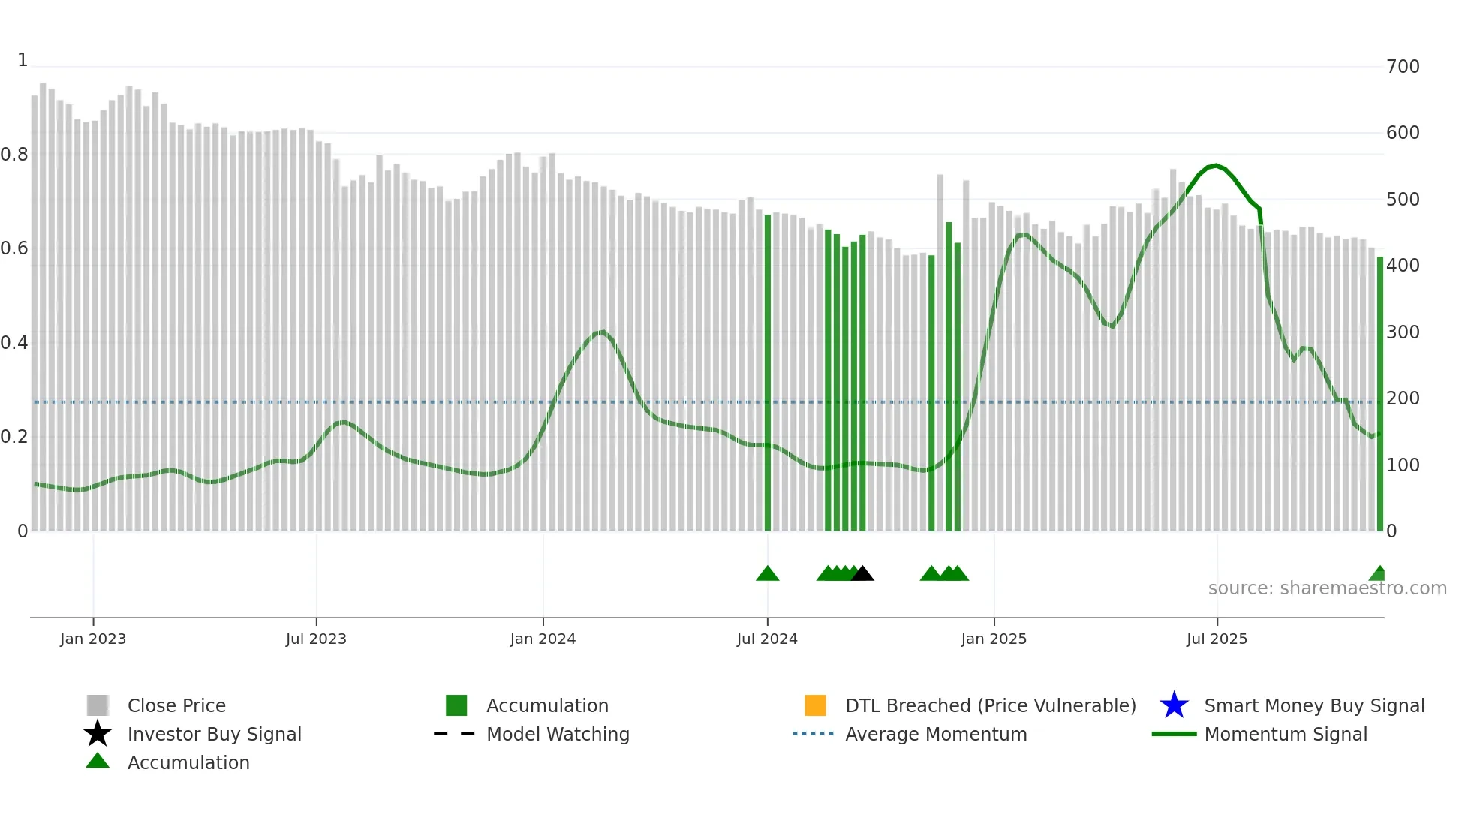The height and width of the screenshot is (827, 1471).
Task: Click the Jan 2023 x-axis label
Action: (x=93, y=639)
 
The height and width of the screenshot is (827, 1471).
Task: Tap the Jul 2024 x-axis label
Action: (x=767, y=639)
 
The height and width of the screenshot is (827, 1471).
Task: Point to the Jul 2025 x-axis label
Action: (x=1217, y=639)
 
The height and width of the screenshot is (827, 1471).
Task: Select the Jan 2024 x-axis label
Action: (x=543, y=639)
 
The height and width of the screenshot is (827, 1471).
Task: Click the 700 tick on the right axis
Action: (x=1403, y=67)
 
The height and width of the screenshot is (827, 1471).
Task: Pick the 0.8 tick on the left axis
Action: (x=14, y=155)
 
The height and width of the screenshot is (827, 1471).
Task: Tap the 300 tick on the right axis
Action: (x=1403, y=332)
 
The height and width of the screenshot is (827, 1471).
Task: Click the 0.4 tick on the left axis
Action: (x=14, y=343)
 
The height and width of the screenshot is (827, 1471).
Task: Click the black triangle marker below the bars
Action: (x=862, y=574)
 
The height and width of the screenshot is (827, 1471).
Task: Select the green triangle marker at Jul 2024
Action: (x=767, y=574)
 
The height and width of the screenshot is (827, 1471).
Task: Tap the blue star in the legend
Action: (x=1174, y=705)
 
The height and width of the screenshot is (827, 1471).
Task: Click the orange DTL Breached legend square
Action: (x=815, y=705)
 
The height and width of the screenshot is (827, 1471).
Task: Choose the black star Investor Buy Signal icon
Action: (x=98, y=734)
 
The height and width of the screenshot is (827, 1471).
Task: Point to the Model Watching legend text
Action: (x=558, y=734)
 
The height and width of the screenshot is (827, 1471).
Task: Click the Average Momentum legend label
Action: (x=936, y=734)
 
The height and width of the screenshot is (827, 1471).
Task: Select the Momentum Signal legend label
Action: (x=1286, y=734)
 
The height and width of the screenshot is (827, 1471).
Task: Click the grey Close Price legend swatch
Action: (x=98, y=705)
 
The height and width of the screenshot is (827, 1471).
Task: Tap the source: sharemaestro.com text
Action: (x=1327, y=588)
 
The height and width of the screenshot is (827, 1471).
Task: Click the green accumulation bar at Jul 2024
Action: (x=767, y=375)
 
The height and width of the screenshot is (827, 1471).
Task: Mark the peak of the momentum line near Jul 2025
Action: (x=1216, y=165)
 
